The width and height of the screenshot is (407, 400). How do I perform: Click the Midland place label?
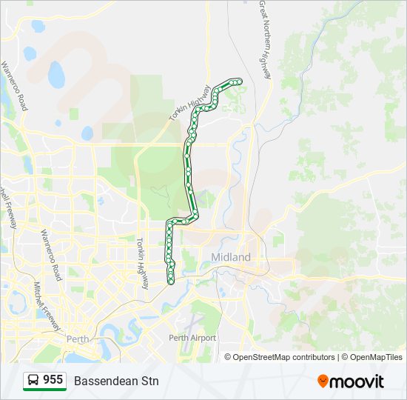[230, 257]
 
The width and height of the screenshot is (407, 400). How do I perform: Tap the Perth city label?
[78, 339]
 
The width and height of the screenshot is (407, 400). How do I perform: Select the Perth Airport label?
[192, 338]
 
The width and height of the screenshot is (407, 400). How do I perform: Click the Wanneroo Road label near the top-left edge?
[13, 86]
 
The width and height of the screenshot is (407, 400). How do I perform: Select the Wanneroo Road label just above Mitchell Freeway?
[50, 255]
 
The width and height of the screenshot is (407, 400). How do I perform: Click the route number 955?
[53, 380]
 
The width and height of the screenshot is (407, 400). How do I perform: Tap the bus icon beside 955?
[33, 381]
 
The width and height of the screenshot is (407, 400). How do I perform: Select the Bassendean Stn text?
[116, 381]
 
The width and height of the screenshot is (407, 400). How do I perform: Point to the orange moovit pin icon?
[323, 381]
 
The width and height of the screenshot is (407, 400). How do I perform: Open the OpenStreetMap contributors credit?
[284, 357]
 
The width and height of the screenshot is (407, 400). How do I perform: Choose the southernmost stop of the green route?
[171, 281]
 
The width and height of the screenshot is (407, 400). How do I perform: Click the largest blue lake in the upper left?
[56, 74]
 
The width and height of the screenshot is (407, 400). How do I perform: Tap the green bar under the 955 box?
[44, 390]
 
